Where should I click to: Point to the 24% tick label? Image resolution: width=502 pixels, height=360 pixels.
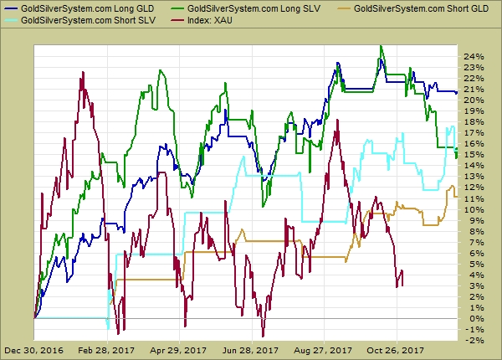474,57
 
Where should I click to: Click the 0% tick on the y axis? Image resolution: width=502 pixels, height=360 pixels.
472,318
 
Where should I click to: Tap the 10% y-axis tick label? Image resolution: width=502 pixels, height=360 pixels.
474,209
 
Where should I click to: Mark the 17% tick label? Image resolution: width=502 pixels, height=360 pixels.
474,133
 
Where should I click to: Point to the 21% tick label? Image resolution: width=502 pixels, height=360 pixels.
474,90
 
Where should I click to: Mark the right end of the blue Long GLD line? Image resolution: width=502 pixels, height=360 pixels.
457,93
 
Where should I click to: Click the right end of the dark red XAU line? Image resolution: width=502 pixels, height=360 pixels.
402,285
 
